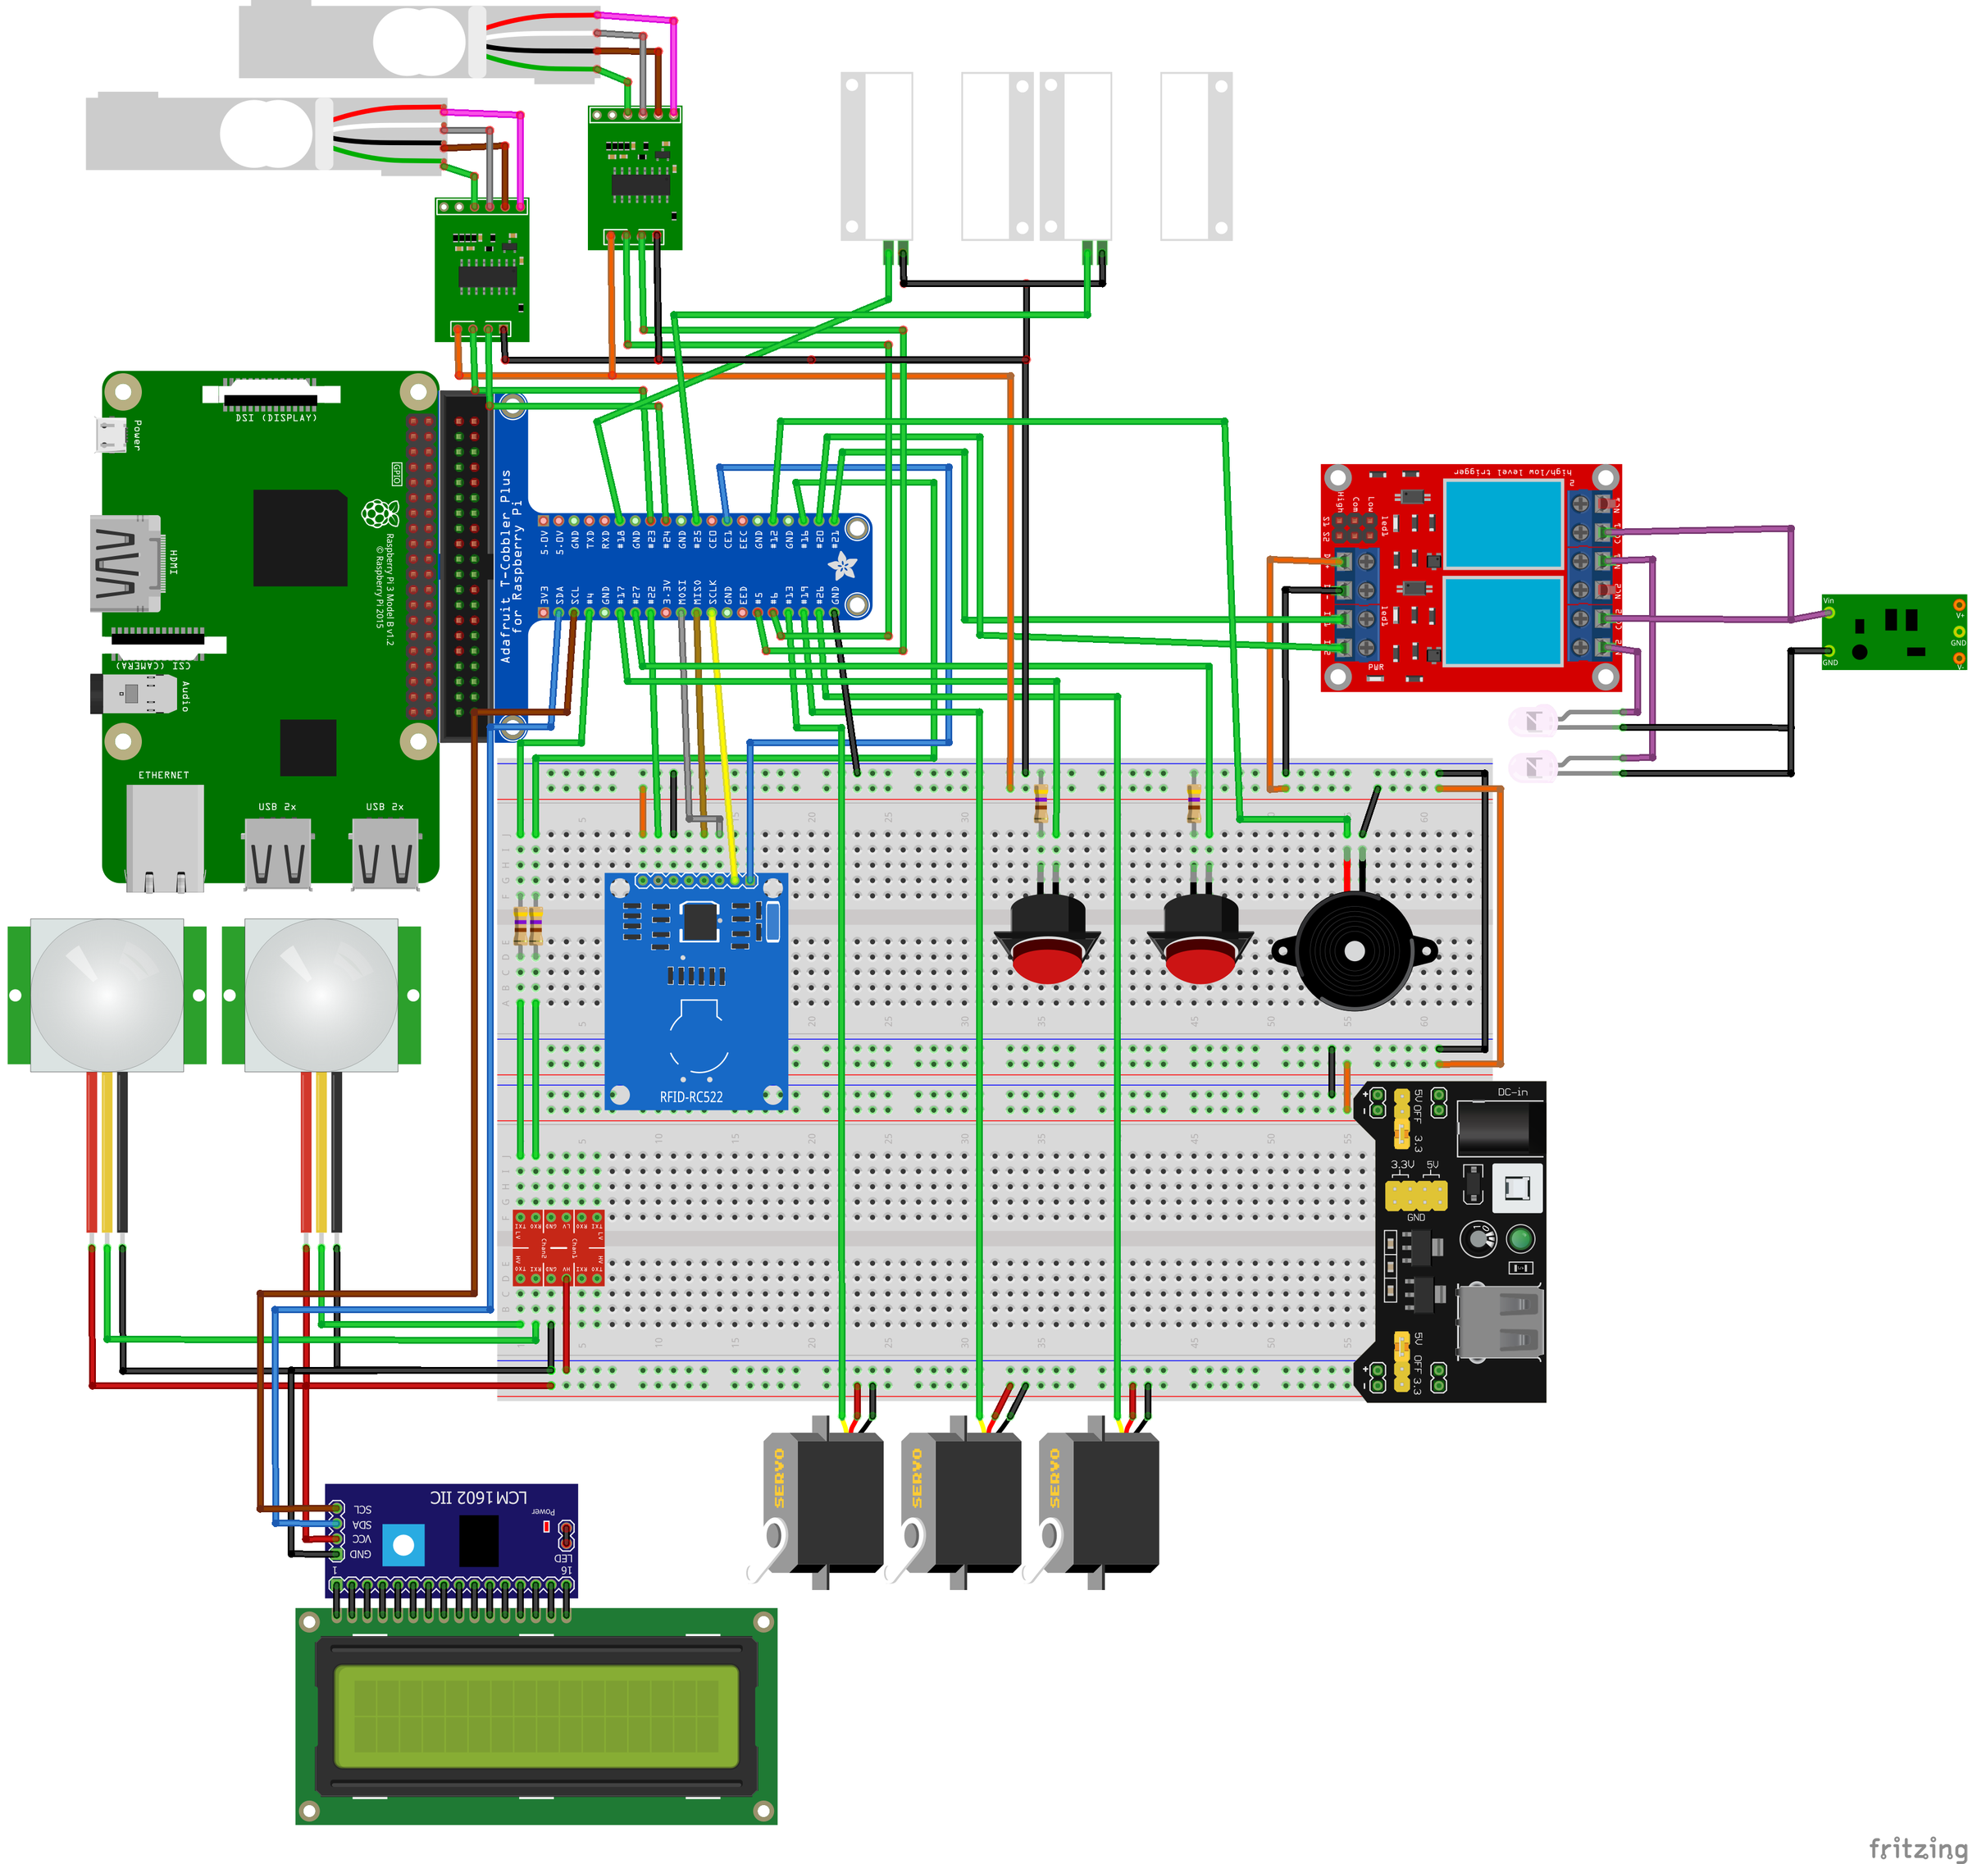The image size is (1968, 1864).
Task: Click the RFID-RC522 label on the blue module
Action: [690, 1097]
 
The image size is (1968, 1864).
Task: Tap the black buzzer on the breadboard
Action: [1353, 951]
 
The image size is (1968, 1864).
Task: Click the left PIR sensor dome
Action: [107, 994]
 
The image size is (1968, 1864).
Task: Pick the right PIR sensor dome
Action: [321, 994]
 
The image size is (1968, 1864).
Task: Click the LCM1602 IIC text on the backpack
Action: [478, 1497]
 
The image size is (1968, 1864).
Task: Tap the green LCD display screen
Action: [536, 1716]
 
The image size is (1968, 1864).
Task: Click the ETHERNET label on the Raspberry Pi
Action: [163, 775]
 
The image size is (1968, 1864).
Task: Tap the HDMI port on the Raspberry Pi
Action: [126, 563]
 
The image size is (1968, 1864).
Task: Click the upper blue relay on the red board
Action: [1503, 524]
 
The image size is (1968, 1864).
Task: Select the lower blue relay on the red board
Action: [1503, 622]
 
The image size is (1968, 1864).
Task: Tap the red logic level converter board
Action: [558, 1248]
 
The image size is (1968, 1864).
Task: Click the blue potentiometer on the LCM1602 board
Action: [403, 1545]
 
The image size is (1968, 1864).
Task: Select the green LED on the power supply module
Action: [1520, 1238]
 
